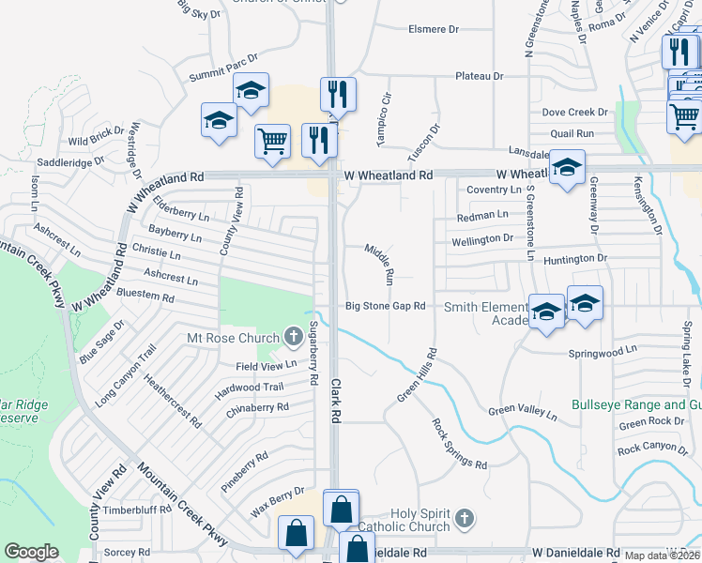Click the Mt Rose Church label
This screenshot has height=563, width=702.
(234, 338)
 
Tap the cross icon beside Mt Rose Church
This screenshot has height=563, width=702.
(293, 337)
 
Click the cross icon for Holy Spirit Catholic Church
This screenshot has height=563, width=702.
(464, 519)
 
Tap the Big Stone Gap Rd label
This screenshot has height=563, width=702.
(386, 306)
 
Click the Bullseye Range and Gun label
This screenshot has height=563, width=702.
(636, 406)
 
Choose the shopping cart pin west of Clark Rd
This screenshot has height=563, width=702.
(272, 142)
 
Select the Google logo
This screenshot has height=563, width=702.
(31, 552)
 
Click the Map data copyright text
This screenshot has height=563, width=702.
(663, 555)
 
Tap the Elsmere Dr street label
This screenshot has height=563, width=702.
(434, 29)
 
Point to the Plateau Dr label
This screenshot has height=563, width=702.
(480, 76)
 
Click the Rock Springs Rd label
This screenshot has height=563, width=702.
(459, 444)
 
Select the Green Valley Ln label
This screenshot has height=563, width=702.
(523, 411)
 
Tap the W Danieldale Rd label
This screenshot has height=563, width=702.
(576, 553)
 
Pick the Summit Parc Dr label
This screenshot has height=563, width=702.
(223, 67)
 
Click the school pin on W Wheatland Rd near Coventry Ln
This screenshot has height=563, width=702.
(567, 167)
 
